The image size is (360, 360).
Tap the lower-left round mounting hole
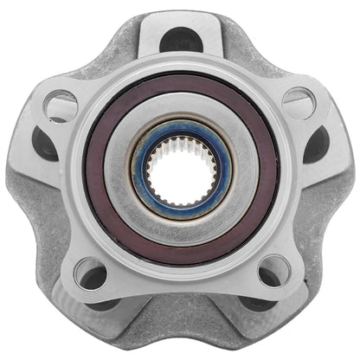tap(90, 274)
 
